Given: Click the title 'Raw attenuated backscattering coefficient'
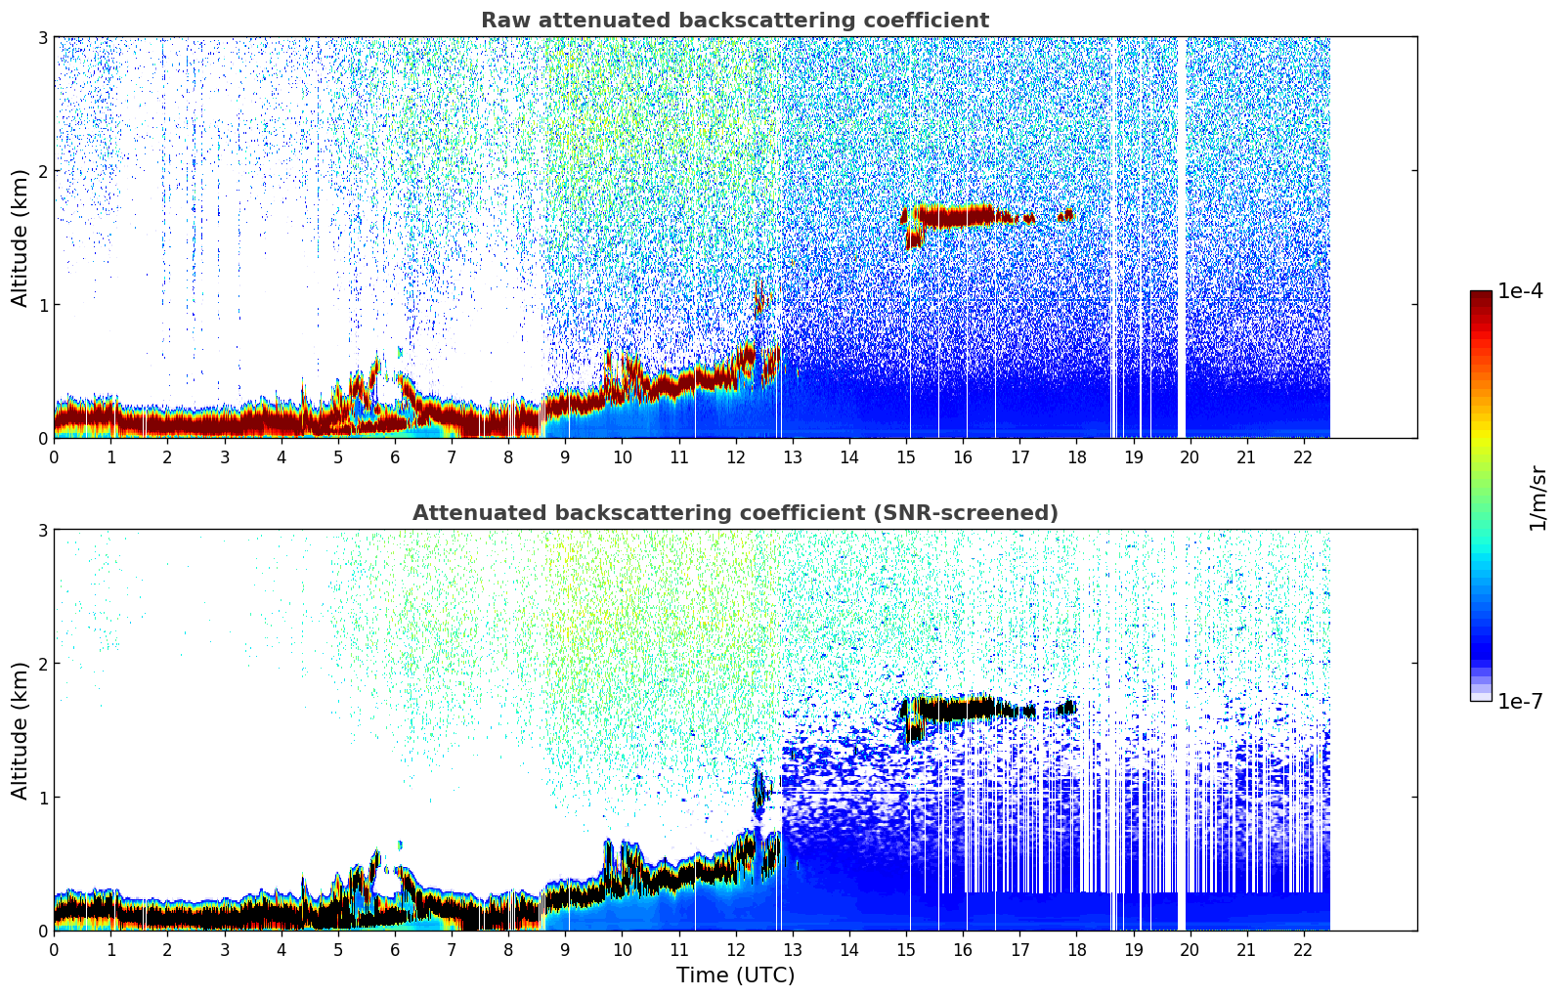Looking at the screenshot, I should tap(734, 21).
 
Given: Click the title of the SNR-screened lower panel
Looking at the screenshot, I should tap(734, 513).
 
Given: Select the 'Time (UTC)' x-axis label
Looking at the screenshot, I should tap(735, 975).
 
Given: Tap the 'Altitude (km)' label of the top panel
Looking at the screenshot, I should tap(21, 238).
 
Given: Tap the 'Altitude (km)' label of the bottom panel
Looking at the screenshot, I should tap(21, 730).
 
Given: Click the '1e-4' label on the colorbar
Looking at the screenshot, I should tap(1520, 291).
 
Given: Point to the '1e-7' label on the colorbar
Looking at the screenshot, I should tap(1520, 701).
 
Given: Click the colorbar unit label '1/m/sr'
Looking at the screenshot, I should tap(1537, 497).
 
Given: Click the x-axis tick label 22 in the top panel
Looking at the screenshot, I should tap(1302, 457).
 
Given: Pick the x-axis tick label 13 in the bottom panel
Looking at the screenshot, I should tap(792, 950).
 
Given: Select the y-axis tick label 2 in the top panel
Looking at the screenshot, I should tap(42, 171).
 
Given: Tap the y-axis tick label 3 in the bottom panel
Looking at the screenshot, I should tap(42, 530).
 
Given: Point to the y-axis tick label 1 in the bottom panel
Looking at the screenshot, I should tap(42, 798).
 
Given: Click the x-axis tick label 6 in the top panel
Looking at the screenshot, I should tap(395, 457).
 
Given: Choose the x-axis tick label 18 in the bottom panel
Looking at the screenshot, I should tap(1075, 950).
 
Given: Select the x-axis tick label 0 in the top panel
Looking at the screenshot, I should tap(54, 457).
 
